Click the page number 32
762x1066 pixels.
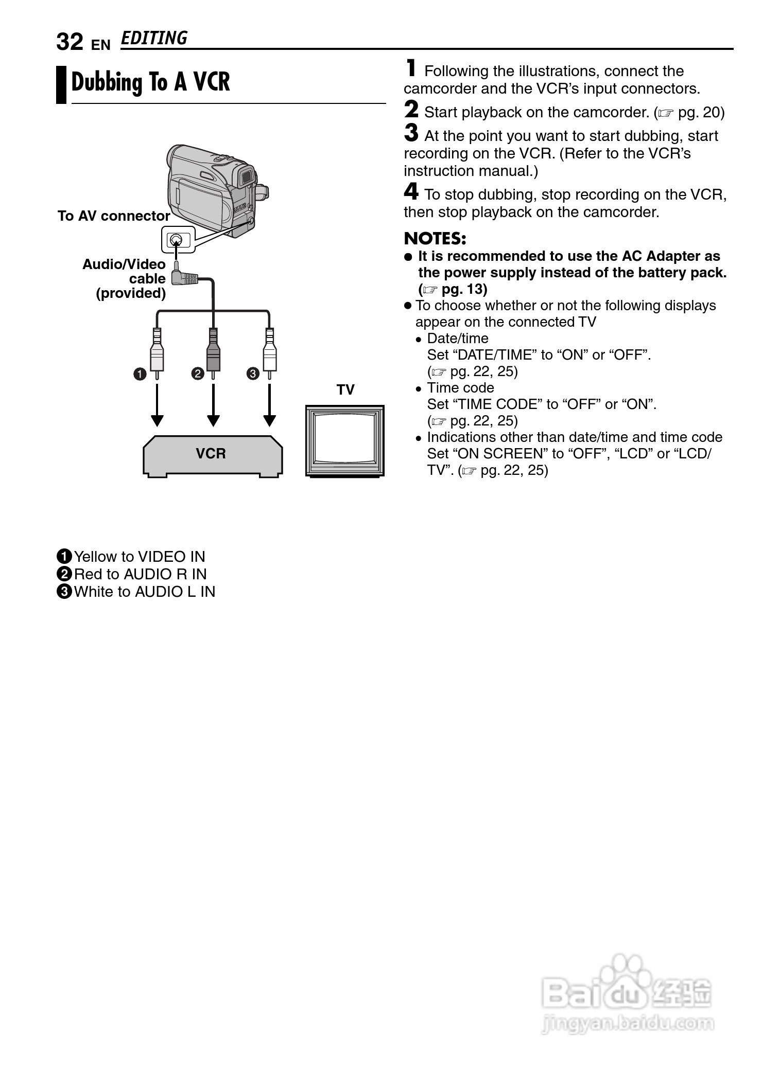click(70, 42)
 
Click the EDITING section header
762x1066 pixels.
click(154, 39)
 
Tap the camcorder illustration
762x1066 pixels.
click(216, 188)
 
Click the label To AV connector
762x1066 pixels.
click(114, 216)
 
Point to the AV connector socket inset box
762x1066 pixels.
click(178, 240)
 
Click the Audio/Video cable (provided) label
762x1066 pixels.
click(125, 278)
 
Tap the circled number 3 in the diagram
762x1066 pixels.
click(253, 374)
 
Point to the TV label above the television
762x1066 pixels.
click(345, 389)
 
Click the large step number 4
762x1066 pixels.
click(411, 192)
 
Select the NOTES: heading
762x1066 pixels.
click(435, 239)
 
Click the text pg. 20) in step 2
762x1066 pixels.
click(700, 113)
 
